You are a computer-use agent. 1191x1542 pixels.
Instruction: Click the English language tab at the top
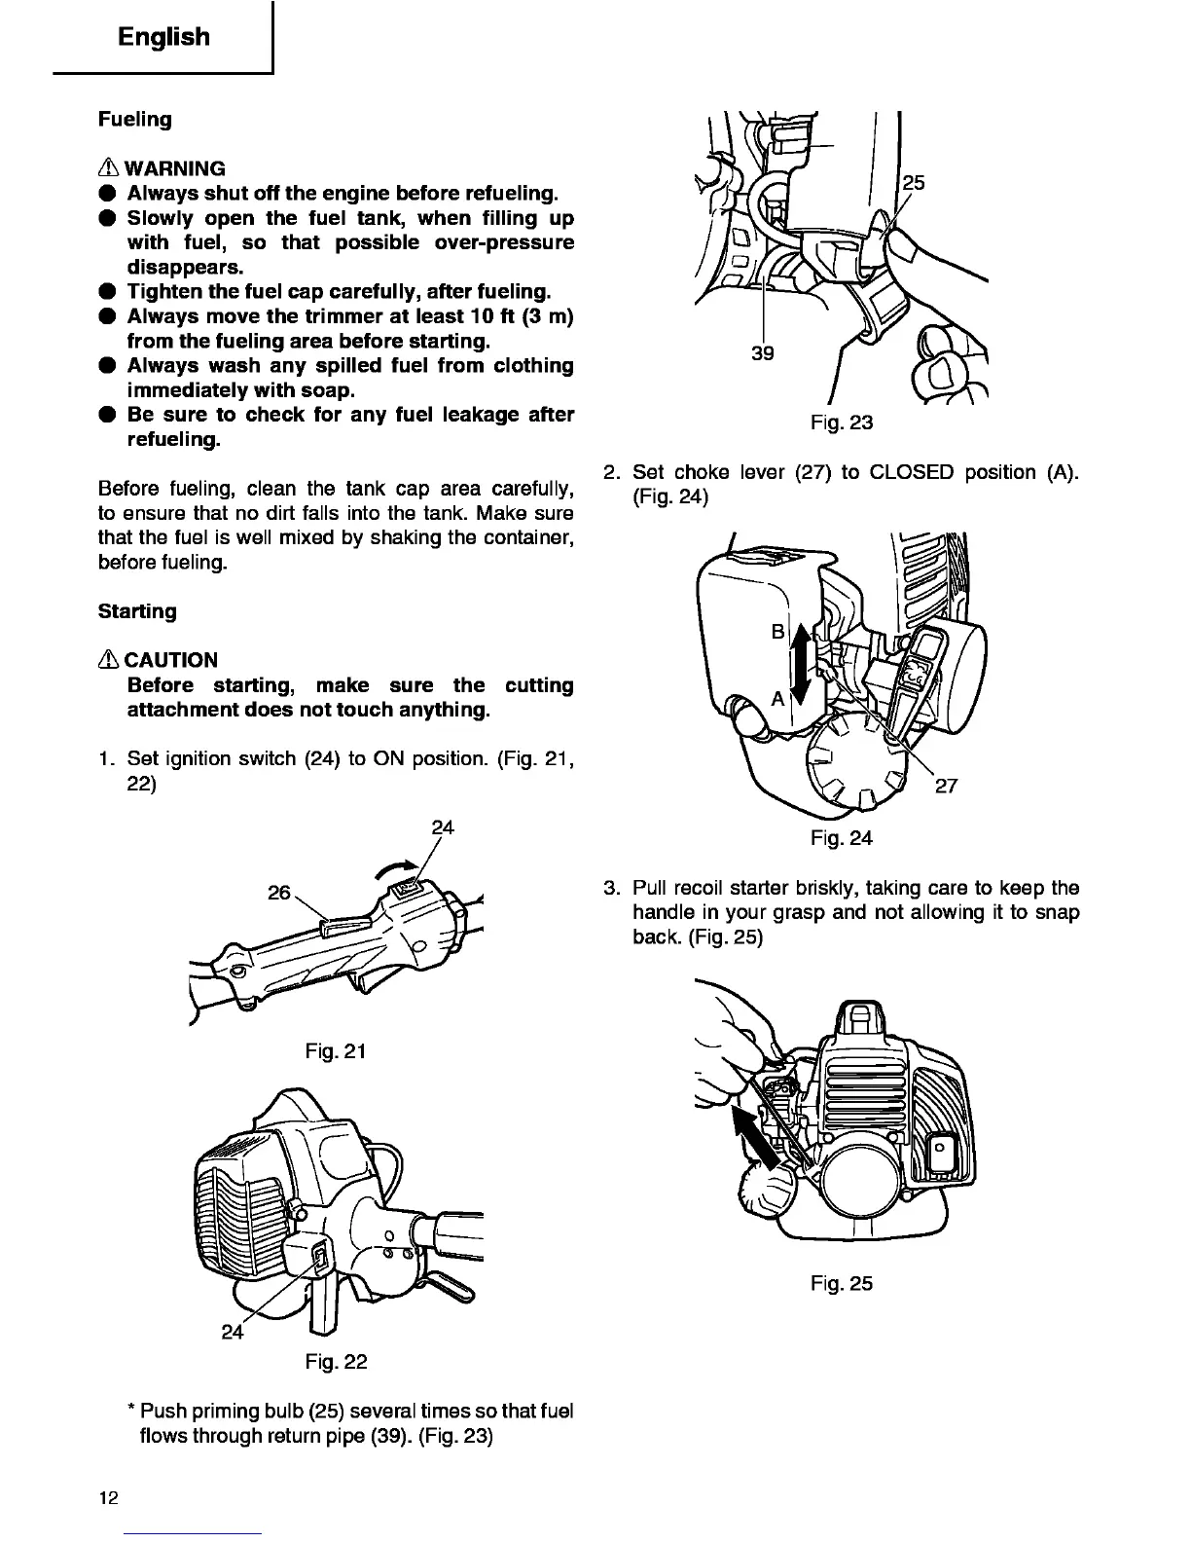click(162, 37)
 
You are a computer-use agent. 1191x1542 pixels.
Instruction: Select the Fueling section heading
click(134, 120)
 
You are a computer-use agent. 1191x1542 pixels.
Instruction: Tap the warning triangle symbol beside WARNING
click(108, 168)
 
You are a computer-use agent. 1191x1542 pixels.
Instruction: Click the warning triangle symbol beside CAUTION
click(108, 660)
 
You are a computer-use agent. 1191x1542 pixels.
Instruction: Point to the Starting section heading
click(137, 611)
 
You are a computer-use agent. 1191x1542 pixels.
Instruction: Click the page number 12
click(107, 1498)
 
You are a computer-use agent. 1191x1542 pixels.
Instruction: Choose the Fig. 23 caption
click(841, 422)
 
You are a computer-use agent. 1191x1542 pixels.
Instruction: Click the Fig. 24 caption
click(841, 837)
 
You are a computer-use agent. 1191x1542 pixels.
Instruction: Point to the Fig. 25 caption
click(841, 1284)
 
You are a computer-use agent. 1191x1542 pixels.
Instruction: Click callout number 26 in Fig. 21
click(278, 892)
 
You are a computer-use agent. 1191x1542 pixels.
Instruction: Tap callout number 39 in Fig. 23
click(763, 353)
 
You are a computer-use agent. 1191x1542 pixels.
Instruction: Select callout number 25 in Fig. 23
click(914, 183)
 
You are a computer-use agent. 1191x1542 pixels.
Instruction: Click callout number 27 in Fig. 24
click(946, 786)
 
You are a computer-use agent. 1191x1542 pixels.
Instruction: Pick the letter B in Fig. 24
click(777, 632)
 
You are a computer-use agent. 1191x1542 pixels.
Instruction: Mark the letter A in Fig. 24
click(777, 699)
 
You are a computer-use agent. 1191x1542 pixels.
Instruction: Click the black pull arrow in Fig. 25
click(756, 1137)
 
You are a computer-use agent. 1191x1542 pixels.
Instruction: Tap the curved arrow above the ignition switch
click(396, 865)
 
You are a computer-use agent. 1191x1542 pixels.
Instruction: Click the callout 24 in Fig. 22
click(232, 1332)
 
